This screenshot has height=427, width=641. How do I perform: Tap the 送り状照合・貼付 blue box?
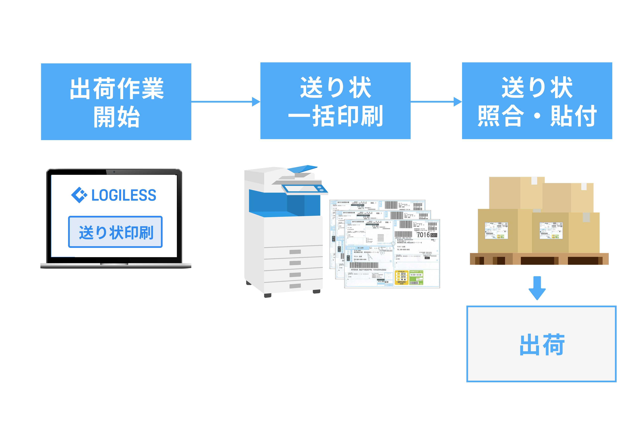click(537, 101)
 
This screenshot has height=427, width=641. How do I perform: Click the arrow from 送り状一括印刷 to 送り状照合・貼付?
click(436, 102)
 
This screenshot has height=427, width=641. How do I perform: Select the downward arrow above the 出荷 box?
click(537, 288)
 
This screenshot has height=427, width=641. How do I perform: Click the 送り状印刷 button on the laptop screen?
click(115, 232)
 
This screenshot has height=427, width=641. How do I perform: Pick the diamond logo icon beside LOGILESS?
click(79, 195)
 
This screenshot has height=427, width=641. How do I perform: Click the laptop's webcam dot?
click(114, 172)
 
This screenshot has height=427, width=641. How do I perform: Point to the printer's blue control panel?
click(305, 189)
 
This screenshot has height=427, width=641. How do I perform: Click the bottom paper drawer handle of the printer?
click(295, 286)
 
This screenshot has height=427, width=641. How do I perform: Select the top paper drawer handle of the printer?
click(295, 252)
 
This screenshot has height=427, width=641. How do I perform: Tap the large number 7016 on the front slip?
click(423, 235)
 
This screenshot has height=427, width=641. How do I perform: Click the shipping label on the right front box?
click(551, 231)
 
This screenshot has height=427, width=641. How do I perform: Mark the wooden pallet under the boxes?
click(539, 259)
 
